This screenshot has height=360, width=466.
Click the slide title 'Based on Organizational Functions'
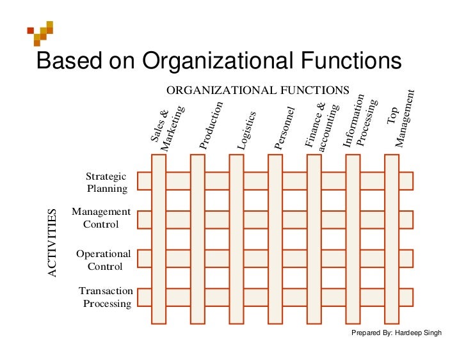pos(219,61)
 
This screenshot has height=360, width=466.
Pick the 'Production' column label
pos(211,125)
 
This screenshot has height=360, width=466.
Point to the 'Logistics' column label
pos(246,130)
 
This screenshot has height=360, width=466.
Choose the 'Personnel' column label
pos(284,128)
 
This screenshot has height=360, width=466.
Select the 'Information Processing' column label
pos(360,120)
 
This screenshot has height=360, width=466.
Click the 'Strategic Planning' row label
pos(107,182)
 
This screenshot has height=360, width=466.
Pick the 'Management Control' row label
pos(101,217)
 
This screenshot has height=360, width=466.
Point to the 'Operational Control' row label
pos(104,260)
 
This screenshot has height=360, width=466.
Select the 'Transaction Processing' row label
pos(106,297)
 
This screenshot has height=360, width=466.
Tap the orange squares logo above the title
pos(40,33)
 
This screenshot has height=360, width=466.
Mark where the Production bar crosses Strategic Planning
pos(198,181)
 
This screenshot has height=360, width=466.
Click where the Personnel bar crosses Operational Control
pos(275,258)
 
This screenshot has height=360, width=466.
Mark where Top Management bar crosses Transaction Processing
pos(392,297)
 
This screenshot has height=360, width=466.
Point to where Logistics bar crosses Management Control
pos(237,219)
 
